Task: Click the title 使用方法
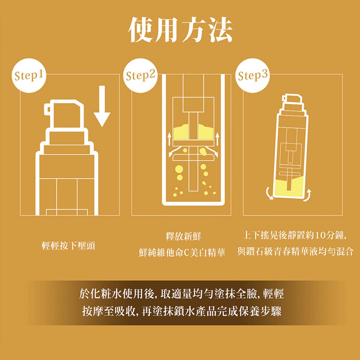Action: point(180,30)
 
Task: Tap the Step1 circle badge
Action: point(29,76)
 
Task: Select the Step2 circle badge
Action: point(140,76)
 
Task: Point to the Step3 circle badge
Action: point(253,76)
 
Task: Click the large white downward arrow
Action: point(102,106)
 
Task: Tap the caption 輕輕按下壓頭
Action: point(68,246)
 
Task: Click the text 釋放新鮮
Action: point(183,236)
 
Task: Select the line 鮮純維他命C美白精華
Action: point(182,252)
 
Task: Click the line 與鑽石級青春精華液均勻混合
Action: point(295,251)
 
